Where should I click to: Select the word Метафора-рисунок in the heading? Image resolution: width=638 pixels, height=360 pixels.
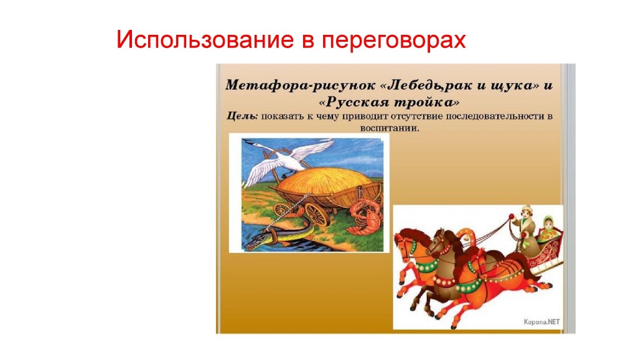pos(300,86)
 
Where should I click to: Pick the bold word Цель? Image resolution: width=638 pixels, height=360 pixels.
pos(243,116)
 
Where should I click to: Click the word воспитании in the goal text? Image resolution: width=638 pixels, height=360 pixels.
pos(390,128)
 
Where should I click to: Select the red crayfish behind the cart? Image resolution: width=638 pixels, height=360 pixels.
pos(365,217)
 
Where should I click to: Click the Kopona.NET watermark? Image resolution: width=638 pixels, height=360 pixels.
pos(542,322)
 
